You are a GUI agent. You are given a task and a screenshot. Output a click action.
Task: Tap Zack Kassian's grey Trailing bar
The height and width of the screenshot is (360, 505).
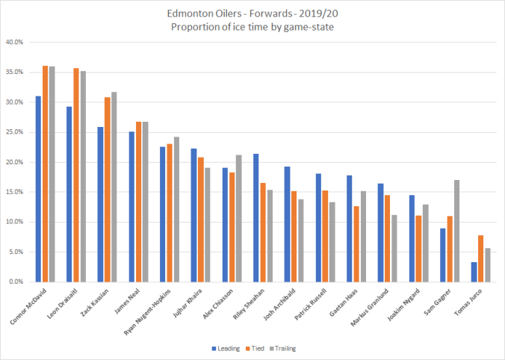pos(114,187)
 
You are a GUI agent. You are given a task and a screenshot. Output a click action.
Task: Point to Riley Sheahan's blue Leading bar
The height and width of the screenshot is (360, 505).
pos(255,217)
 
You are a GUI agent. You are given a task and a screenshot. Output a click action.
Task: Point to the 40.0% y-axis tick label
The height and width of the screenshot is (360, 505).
pos(15,43)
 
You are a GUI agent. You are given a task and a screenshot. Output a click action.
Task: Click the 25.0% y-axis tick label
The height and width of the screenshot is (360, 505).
pos(15,132)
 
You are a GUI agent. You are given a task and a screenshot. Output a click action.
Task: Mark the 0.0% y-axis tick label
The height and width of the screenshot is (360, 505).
pos(16,282)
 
